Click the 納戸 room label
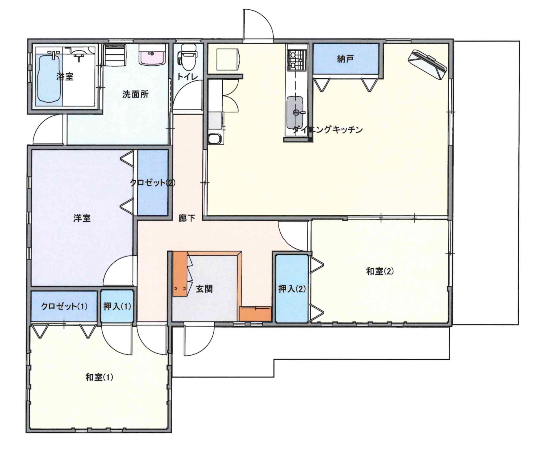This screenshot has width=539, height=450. [346, 59]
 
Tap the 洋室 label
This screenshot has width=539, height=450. [82, 218]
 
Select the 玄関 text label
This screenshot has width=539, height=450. [204, 289]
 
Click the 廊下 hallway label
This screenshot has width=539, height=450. [187, 218]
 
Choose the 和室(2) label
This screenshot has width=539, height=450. [380, 271]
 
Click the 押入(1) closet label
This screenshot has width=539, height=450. [117, 306]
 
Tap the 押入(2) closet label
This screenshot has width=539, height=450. [292, 289]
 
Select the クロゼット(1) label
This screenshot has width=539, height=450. [64, 306]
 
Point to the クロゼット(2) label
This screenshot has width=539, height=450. [152, 182]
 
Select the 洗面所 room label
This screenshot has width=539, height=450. [135, 94]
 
